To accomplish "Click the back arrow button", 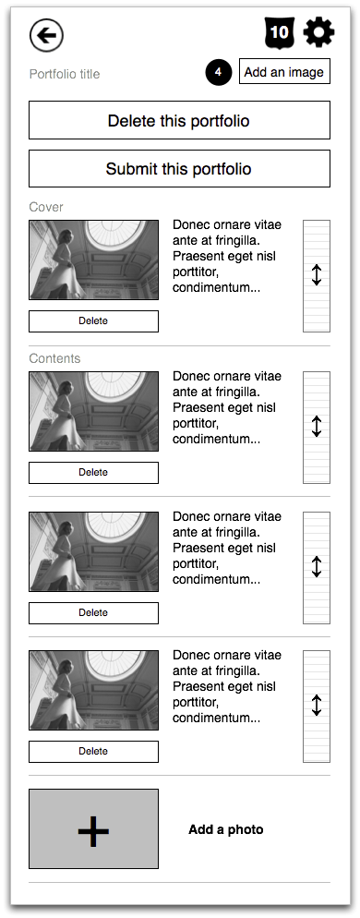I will coord(46,35).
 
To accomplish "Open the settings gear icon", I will coord(318,32).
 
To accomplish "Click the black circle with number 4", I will coord(219,72).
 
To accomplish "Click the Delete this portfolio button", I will coord(179,121).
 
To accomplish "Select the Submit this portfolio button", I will coord(179,169).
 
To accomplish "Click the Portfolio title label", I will coord(65,74).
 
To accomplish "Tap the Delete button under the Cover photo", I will coord(93,321).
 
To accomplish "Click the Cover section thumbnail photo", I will coord(93,260).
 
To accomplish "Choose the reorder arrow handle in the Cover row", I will coord(317,275).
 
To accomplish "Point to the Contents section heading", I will coord(54,358).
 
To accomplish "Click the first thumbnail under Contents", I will coord(93,411).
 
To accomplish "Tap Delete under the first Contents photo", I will coord(93,472).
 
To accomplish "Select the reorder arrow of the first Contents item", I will coord(317,426).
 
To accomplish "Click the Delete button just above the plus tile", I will coord(93,751).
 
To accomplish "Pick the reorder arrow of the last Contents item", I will coord(317,706).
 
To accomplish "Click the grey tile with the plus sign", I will coord(93,828).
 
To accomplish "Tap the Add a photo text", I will coord(226,829).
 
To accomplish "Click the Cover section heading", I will coord(46,207).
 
